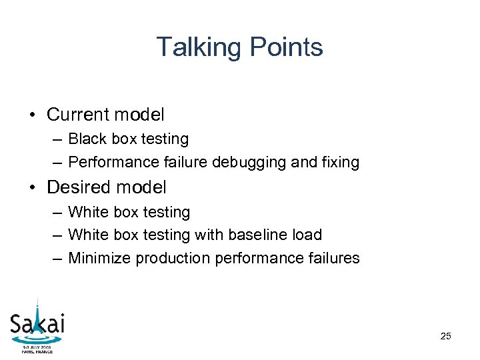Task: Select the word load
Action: point(306,235)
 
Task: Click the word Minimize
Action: point(99,258)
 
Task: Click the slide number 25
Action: point(445,336)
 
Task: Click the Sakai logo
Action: point(37,324)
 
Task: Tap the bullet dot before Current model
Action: point(32,115)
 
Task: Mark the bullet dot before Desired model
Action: point(32,188)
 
